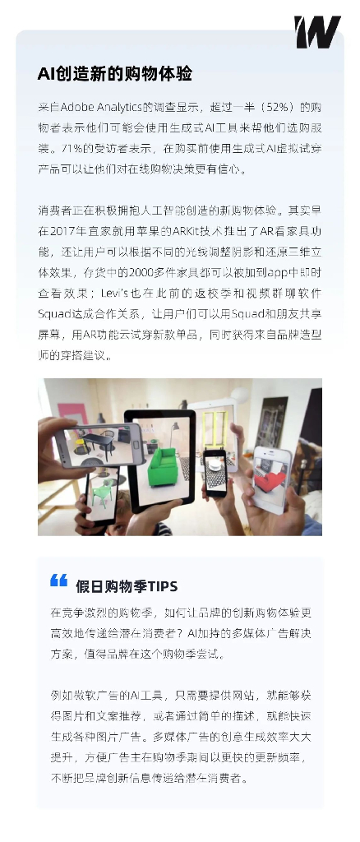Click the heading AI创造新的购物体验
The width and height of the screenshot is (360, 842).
pos(115,73)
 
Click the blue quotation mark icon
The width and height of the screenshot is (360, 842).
pos(58,581)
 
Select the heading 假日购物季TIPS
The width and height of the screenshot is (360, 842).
pos(127,586)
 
